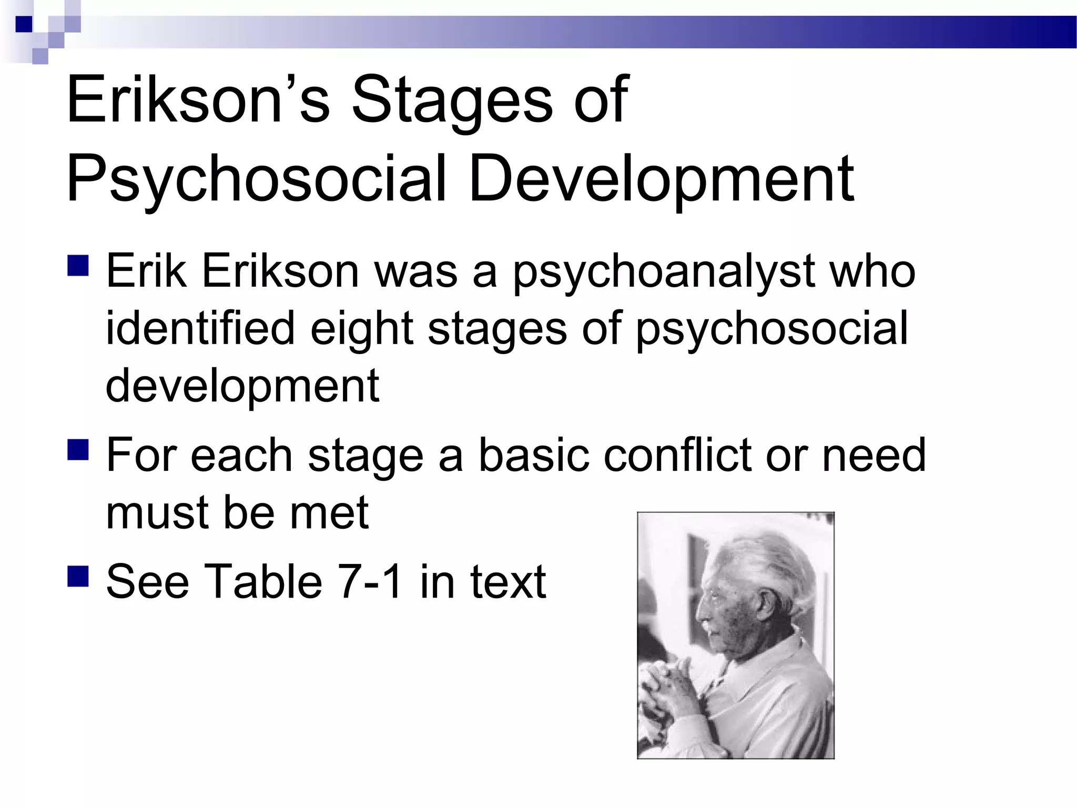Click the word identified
point(200,327)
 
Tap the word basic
point(533,455)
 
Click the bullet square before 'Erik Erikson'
point(78,265)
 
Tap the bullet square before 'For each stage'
point(78,449)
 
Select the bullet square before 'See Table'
point(78,575)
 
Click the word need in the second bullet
point(873,455)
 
